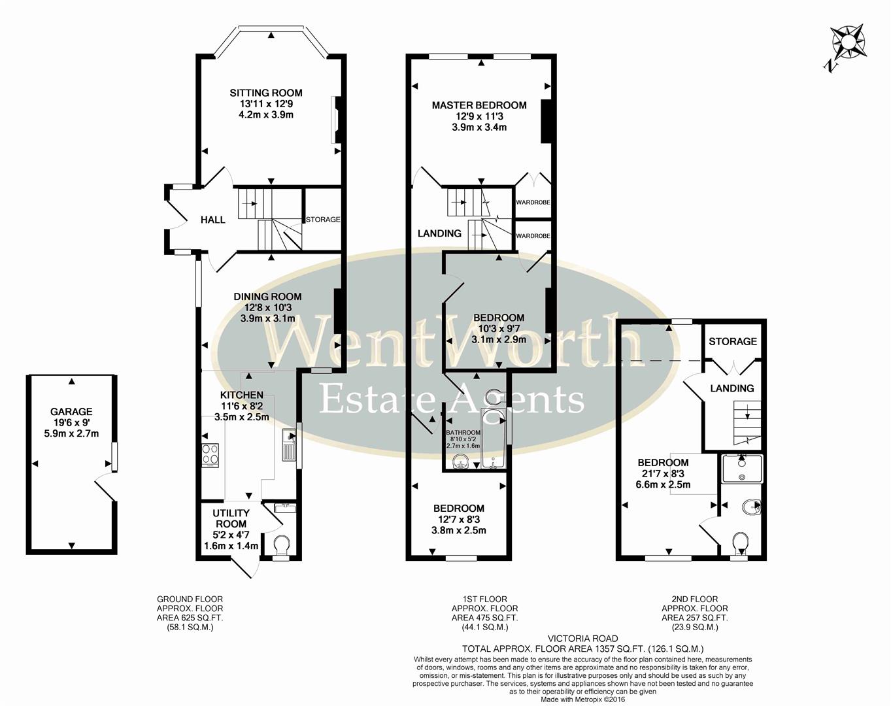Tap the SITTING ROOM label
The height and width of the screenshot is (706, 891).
(266, 93)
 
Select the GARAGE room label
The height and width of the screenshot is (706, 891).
(71, 412)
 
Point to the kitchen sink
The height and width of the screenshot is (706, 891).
(288, 445)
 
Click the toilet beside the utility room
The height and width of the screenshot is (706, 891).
(282, 545)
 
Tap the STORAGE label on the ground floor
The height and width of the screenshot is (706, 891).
(323, 220)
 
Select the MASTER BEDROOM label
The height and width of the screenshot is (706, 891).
(479, 105)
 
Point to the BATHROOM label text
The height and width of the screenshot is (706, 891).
(463, 433)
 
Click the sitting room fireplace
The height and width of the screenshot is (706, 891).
(337, 120)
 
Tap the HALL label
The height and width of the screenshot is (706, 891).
(212, 220)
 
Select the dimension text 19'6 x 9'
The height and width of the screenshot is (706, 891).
(71, 423)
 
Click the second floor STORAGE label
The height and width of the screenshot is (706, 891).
(733, 341)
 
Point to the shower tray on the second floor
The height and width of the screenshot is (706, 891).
(742, 469)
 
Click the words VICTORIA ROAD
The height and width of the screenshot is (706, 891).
(582, 639)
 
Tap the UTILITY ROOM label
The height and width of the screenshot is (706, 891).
(231, 518)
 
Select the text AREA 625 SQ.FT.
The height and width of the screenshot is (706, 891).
(190, 618)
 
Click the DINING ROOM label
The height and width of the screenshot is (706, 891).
(267, 297)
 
